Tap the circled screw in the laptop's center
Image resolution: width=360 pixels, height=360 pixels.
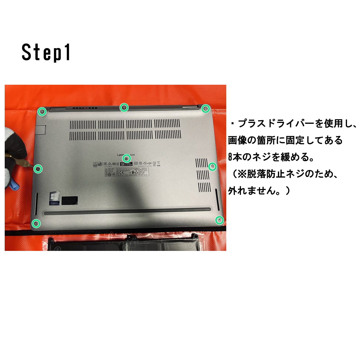click(127, 158)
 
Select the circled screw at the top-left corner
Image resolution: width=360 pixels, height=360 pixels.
click(42, 112)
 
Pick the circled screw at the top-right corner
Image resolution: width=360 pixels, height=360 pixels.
click(205, 109)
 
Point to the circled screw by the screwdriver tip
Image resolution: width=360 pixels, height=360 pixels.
click(38, 168)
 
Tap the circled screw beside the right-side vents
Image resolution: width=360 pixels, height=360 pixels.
click(212, 166)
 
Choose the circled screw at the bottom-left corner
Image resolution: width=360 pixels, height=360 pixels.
click(36, 223)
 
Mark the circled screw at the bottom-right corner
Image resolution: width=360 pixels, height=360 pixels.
click(219, 220)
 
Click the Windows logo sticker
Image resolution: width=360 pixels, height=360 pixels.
click(54, 198)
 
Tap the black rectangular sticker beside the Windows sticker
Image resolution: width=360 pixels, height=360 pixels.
click(70, 200)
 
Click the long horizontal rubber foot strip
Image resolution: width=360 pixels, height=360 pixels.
click(127, 212)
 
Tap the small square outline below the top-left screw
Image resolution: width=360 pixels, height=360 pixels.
click(41, 130)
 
